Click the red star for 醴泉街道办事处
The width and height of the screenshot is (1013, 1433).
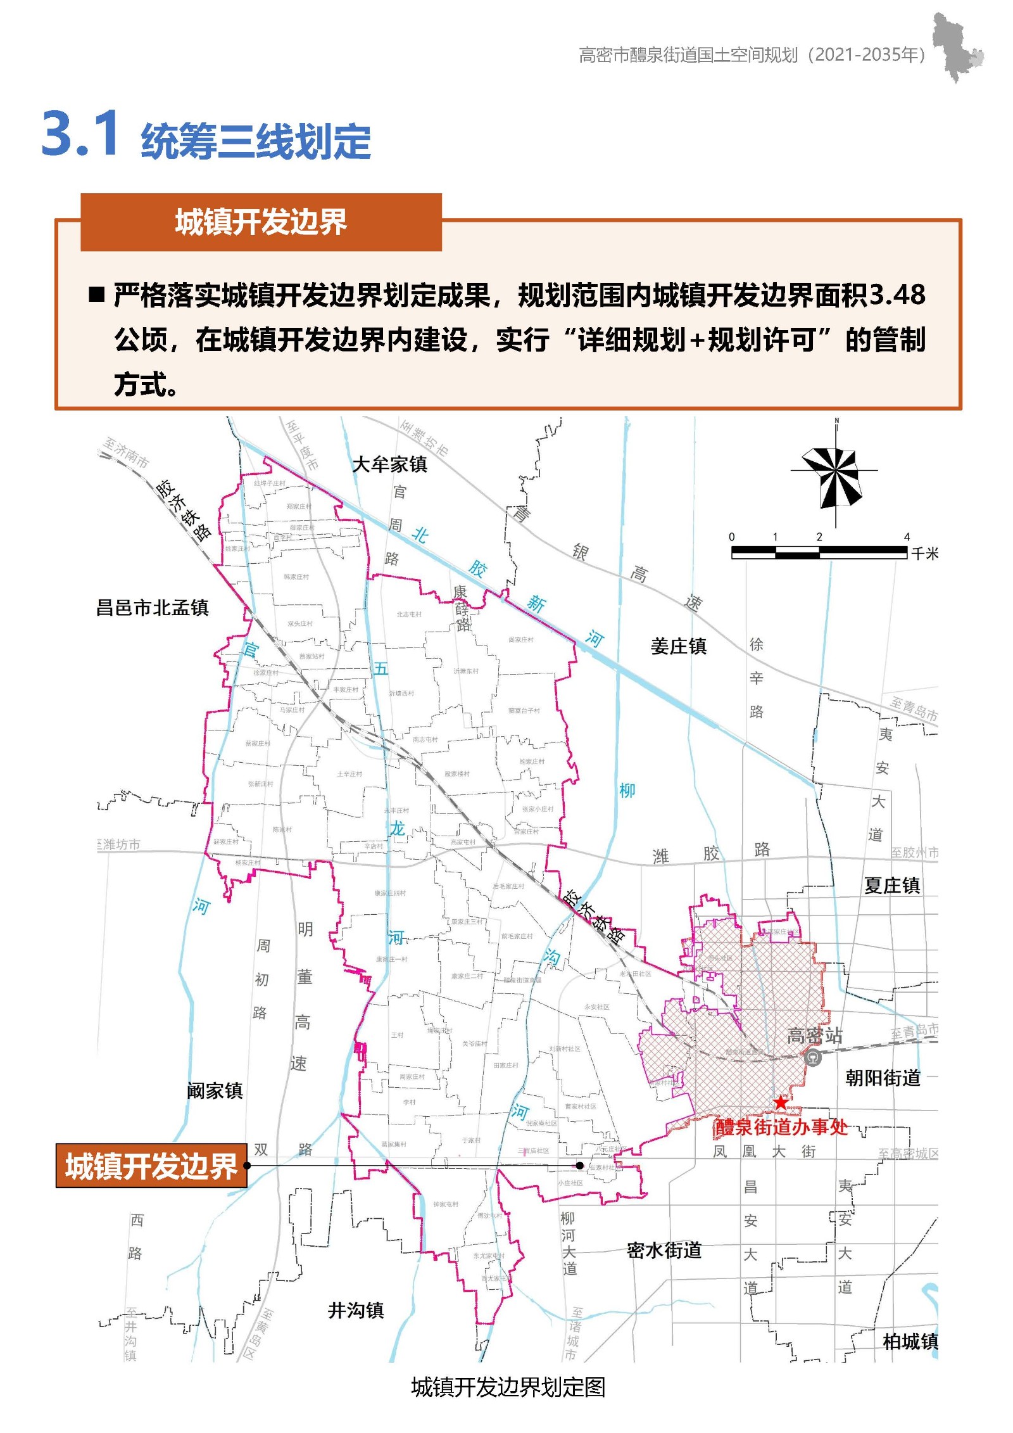[781, 1102]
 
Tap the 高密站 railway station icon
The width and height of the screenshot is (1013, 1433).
[813, 1057]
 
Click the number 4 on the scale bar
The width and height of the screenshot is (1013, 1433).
[907, 537]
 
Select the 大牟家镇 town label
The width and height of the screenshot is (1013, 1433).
[389, 464]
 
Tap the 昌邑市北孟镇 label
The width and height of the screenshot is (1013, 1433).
[152, 608]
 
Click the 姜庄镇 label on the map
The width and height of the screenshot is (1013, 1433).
[678, 646]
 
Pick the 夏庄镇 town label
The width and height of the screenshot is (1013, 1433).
[891, 885]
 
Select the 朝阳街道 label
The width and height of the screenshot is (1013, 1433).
[883, 1078]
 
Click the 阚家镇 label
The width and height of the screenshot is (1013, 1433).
[215, 1090]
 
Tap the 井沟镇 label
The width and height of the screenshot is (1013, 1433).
[356, 1310]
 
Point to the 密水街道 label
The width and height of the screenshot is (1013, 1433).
[664, 1250]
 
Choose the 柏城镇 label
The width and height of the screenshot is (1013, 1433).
[910, 1341]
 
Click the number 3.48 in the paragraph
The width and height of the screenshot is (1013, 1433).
[897, 295]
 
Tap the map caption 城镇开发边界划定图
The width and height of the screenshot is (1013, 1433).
[508, 1387]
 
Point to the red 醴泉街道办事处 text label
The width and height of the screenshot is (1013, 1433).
[781, 1127]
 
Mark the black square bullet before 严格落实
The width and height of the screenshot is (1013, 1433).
[97, 295]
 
